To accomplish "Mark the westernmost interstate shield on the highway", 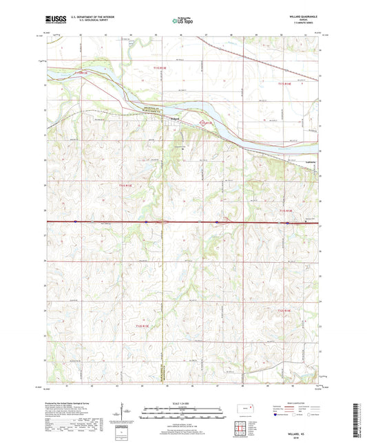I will [74, 221].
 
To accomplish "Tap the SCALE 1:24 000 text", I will [183, 404].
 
